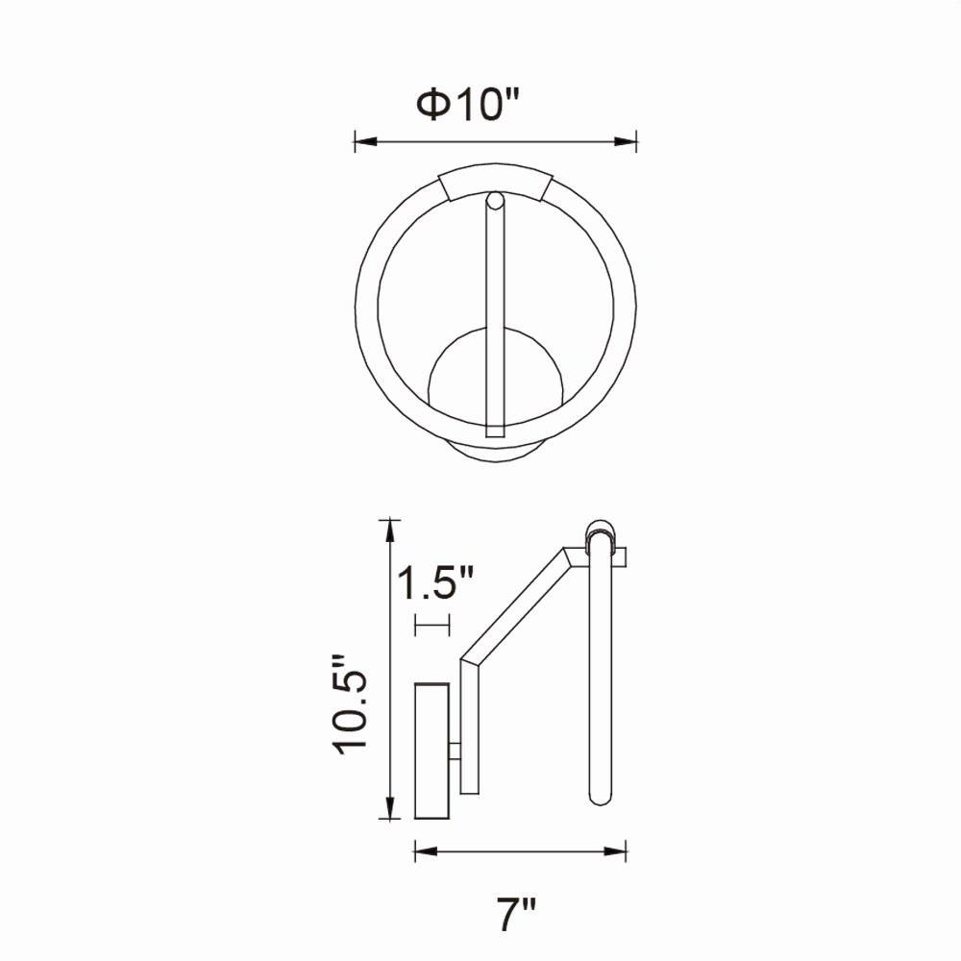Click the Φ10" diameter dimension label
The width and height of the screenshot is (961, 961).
tap(468, 105)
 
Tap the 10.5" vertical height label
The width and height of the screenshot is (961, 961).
tap(350, 704)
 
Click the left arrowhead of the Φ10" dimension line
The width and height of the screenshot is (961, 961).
tap(364, 141)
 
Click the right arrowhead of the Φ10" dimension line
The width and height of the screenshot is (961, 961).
tap(626, 141)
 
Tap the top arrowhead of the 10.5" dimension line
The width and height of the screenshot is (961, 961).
tap(387, 530)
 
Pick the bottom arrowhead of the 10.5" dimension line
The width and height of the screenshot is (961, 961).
tap(387, 808)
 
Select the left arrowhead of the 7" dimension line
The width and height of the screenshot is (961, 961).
tap(426, 851)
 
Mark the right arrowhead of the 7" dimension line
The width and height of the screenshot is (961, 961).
tap(615, 851)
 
